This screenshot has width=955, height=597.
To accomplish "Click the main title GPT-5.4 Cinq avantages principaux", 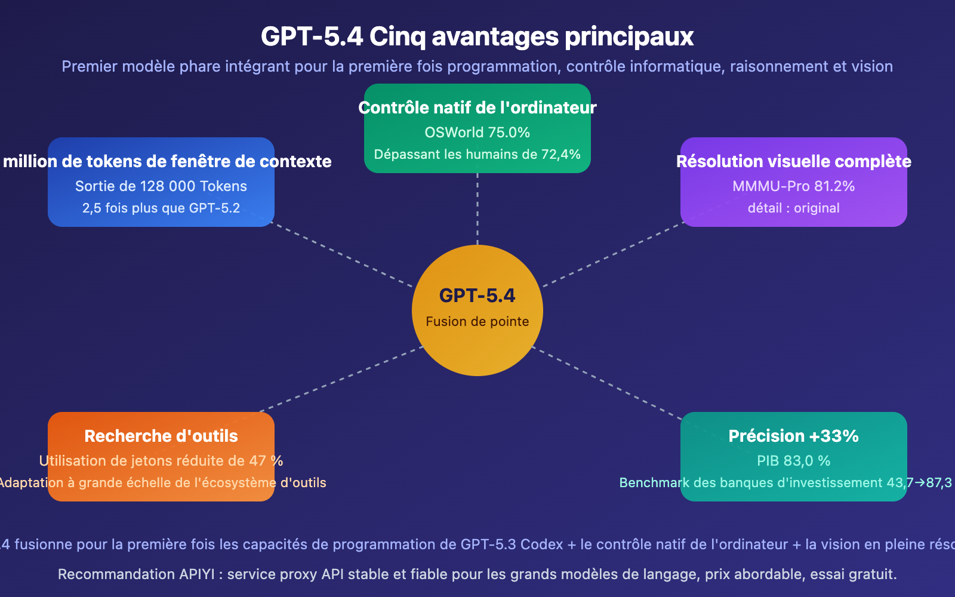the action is pos(477,36).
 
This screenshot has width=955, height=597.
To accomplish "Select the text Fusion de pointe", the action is pos(478,322).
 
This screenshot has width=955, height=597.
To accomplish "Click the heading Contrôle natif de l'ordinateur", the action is pos(478,108).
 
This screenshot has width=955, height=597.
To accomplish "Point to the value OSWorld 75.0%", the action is pos(478,133).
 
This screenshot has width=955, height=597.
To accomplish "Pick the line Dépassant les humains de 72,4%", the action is pos(478,155).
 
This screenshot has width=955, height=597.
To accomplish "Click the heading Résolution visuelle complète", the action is pos(794,162).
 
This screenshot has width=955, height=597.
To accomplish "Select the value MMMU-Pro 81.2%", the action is pos(794,186).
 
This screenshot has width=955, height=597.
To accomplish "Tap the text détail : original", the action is pos(794,208).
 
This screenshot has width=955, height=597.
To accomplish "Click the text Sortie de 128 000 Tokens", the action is pos(161,186).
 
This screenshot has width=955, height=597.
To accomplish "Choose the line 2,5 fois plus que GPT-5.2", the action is pos(161,208).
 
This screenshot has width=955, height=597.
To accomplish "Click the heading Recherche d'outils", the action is pos(161,436).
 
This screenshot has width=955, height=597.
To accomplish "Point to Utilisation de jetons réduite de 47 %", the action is pos(161,461).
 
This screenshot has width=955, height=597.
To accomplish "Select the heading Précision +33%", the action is pos(794,436).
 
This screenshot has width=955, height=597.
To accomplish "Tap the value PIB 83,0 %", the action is pos(794,461).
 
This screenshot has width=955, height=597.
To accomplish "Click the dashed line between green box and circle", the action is pos(478,209).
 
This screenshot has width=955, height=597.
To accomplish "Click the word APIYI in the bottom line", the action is pos(197,574).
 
